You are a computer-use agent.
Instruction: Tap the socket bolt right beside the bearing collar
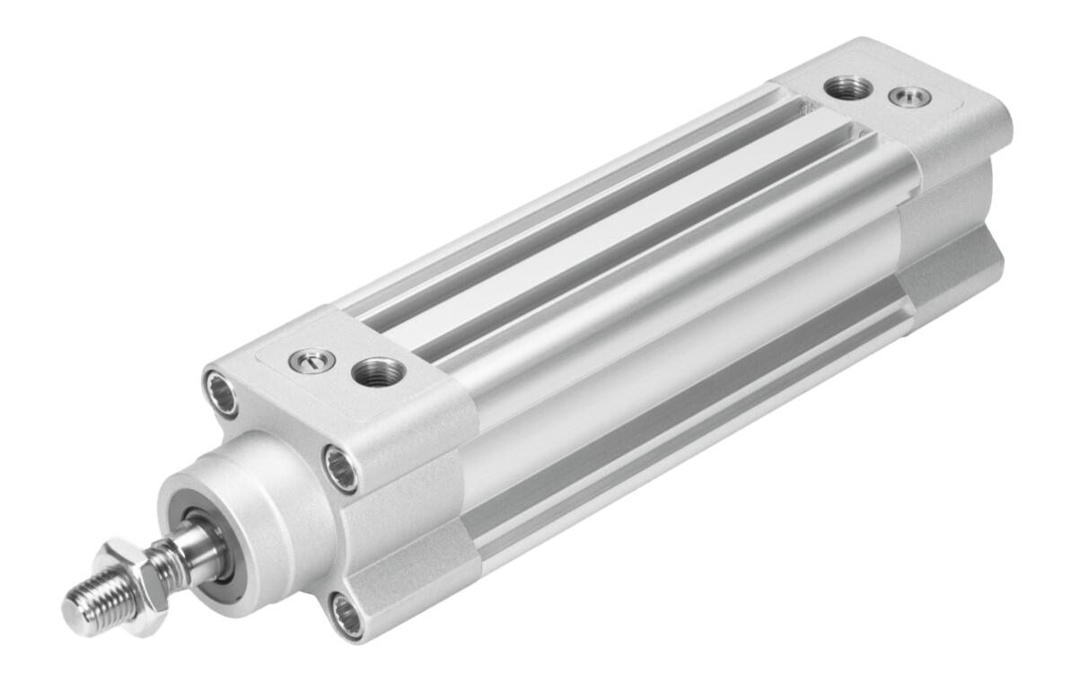tap(342, 468)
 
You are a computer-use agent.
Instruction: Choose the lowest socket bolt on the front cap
tap(346, 615)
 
